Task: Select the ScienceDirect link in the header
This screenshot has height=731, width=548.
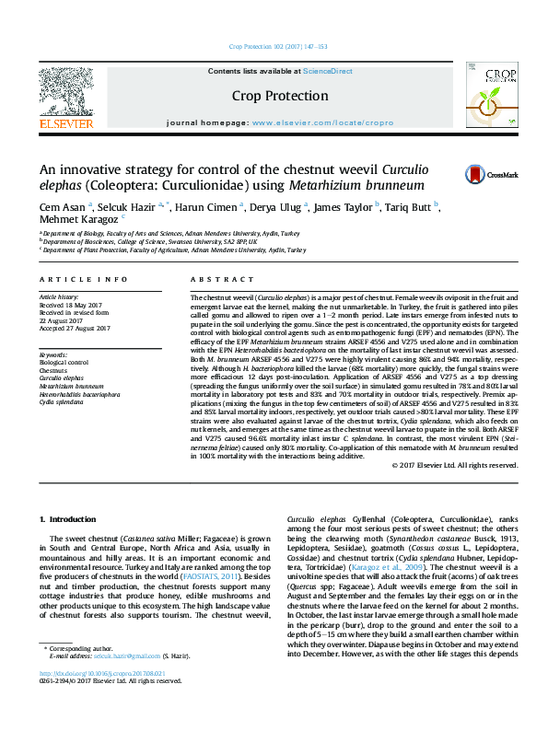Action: tap(328, 71)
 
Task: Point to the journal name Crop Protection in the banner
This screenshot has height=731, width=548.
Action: tap(281, 96)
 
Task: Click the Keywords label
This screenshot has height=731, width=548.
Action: tap(53, 354)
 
